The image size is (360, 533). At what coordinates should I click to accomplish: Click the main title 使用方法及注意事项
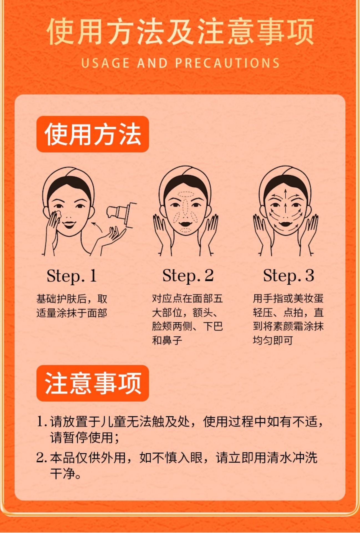[x=180, y=32]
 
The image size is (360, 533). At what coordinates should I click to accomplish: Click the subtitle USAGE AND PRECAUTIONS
[x=180, y=63]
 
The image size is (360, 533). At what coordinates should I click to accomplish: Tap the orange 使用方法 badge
[x=93, y=134]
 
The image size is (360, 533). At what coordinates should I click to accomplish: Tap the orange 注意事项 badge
[x=93, y=383]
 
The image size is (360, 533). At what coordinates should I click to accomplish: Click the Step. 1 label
[x=72, y=276]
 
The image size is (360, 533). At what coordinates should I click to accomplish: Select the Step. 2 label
[x=188, y=276]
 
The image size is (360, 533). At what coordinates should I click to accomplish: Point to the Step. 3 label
[x=288, y=276]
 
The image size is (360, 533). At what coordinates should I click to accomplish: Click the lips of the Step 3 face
[x=285, y=222]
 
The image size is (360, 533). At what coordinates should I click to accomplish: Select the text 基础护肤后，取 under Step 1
[x=72, y=299]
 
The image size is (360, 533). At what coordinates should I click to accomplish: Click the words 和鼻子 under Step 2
[x=167, y=340]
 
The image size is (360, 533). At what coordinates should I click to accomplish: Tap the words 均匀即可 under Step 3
[x=273, y=340]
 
